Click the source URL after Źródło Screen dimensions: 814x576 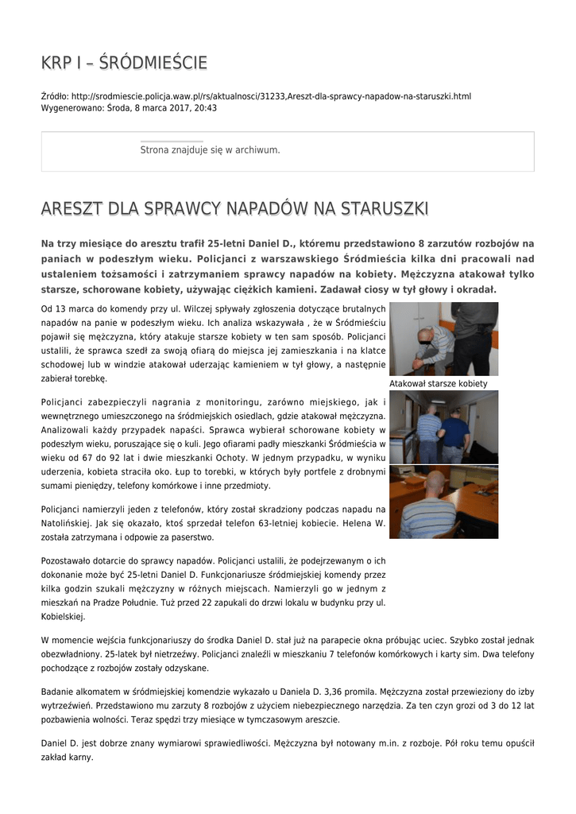[270, 96]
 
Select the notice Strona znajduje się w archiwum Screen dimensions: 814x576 [210, 149]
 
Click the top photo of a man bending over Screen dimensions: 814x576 [443, 339]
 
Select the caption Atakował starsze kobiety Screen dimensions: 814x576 [438, 383]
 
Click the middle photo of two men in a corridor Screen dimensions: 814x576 [443, 427]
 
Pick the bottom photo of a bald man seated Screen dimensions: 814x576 [443, 502]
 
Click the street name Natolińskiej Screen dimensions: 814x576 [71, 525]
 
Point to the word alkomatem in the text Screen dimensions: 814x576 [95, 691]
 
